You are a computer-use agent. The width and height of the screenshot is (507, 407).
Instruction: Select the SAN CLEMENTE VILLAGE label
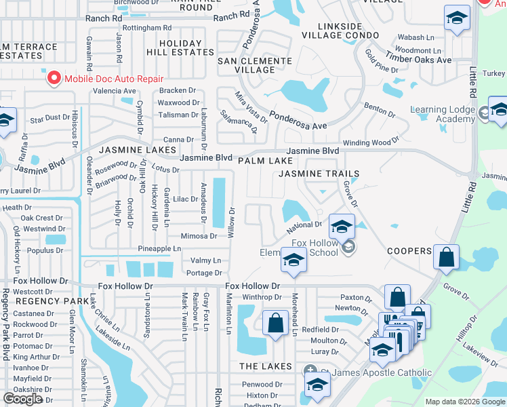pyautogui.click(x=254, y=65)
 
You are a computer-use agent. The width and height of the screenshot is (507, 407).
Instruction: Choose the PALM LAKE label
pyautogui.click(x=265, y=161)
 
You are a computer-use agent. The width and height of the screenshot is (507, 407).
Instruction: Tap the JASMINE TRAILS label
pyautogui.click(x=319, y=174)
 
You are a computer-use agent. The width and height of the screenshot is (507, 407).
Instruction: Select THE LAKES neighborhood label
pyautogui.click(x=265, y=366)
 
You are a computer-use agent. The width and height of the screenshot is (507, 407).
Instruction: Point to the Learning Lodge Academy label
pyautogui.click(x=443, y=114)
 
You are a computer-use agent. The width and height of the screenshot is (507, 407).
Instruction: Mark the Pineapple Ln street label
pyautogui.click(x=159, y=249)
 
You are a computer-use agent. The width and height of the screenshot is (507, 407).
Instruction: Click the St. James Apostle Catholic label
pyautogui.click(x=376, y=372)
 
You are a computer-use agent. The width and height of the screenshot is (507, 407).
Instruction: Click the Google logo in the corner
pyautogui.click(x=23, y=399)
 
